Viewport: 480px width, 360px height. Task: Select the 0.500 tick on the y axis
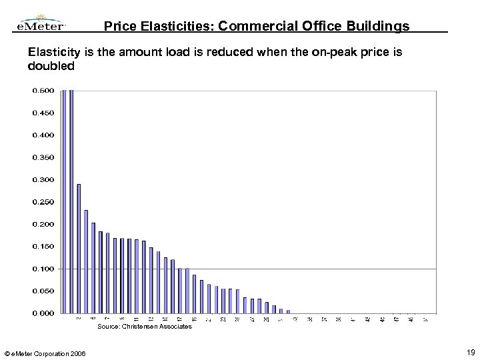[43, 91]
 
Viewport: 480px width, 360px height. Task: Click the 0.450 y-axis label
[43, 113]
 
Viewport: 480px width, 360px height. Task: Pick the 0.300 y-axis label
[43, 179]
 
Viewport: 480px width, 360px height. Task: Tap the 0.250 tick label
[43, 202]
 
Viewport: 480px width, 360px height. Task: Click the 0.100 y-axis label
[43, 269]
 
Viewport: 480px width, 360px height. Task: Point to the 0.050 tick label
[43, 291]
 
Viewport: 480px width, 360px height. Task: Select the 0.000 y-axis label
[43, 313]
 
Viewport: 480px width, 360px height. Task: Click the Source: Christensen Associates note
[145, 327]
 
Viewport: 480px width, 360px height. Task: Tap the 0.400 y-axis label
[43, 135]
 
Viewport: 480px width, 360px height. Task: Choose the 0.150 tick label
[43, 246]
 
